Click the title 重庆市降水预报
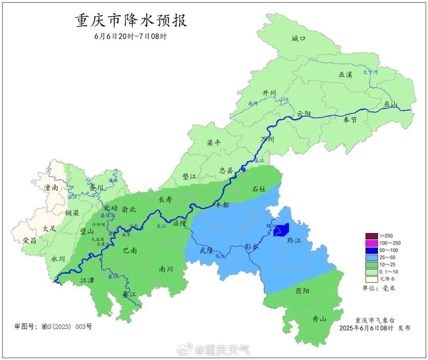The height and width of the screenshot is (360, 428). [131, 21]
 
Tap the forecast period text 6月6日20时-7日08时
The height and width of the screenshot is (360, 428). [131, 36]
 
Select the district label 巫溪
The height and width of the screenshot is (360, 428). [345, 74]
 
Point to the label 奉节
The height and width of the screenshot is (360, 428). [350, 120]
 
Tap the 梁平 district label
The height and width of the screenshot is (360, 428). [214, 143]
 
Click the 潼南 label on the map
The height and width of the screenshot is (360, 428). [51, 188]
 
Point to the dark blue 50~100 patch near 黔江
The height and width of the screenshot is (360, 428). [282, 230]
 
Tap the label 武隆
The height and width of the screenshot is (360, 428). [207, 250]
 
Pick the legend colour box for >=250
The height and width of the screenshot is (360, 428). [372, 236]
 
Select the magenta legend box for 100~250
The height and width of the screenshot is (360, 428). [372, 243]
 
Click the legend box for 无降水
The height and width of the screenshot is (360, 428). [372, 279]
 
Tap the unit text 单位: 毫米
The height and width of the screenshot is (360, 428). [379, 288]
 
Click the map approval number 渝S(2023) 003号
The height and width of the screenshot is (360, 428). [53, 327]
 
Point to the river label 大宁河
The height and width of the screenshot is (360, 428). [371, 72]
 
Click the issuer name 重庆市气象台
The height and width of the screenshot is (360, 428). [375, 320]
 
